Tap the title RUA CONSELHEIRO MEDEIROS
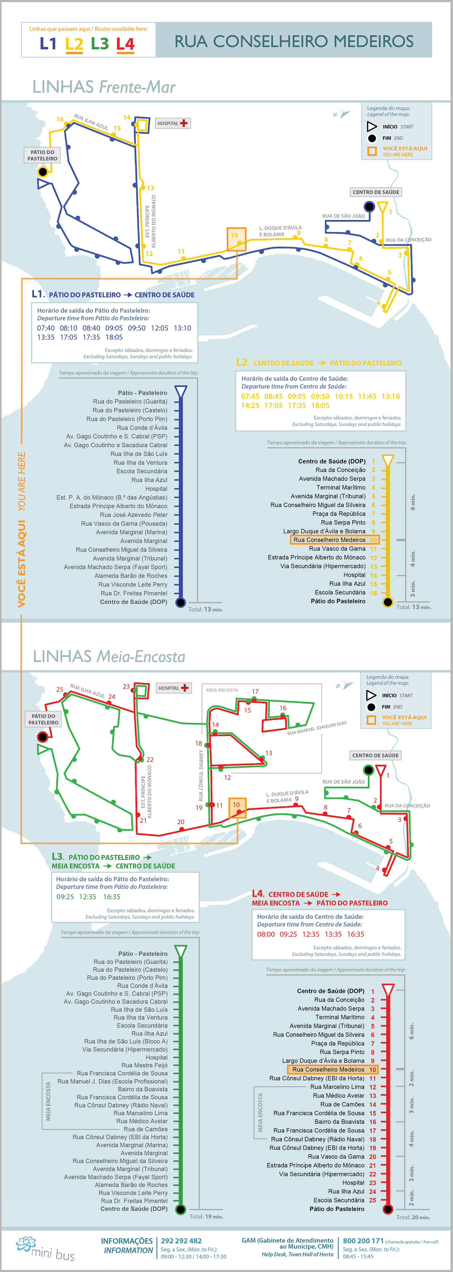pos(294,41)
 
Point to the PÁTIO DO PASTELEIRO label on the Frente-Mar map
pos(42,155)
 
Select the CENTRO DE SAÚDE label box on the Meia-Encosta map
pos(375,755)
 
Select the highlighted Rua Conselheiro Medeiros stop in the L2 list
pos(334,540)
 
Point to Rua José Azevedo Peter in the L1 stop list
pos(133,514)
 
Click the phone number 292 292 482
pos(181,1240)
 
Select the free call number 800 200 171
pos(363,1240)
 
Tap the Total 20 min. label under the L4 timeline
pos(413,1217)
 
